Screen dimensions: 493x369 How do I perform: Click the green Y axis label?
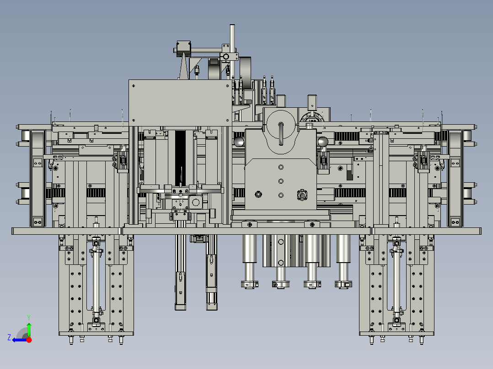click(x=29, y=317)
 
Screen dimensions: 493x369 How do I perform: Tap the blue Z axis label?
click(x=9, y=337)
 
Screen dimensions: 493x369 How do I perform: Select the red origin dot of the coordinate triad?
click(x=29, y=340)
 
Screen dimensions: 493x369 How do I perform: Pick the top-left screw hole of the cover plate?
click(x=134, y=85)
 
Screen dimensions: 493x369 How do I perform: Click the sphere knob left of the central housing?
click(x=239, y=141)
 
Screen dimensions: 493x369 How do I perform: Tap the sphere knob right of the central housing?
click(x=322, y=141)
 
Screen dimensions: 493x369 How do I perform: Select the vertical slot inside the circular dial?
click(x=281, y=133)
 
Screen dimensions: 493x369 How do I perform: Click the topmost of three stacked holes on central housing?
click(x=281, y=167)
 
